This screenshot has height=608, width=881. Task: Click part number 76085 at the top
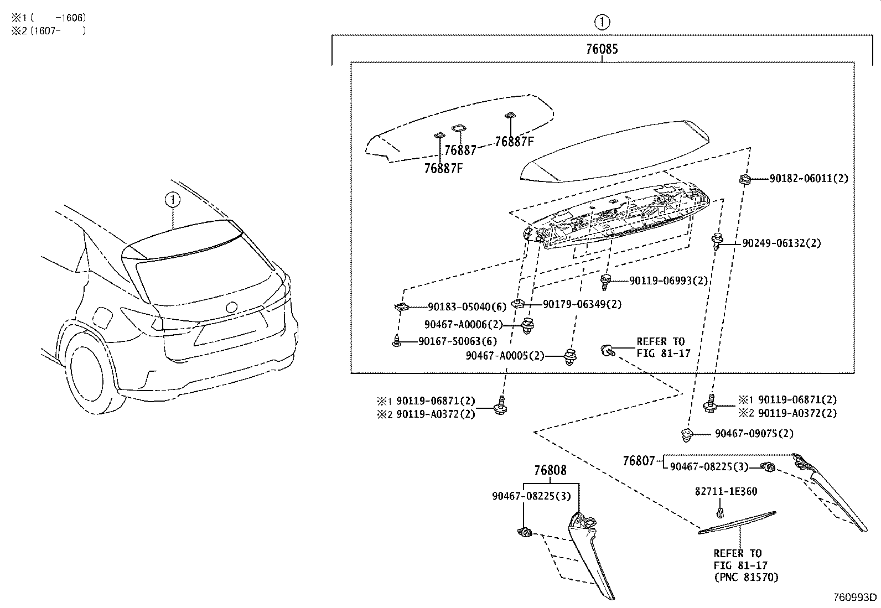coord(602,49)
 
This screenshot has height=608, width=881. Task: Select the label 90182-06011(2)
coord(809,179)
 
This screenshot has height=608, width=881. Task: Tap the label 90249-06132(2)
coord(781,243)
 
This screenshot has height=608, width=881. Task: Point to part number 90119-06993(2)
coord(668,280)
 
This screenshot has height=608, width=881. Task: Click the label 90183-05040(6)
coord(467,306)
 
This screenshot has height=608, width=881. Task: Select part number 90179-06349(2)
coord(582,304)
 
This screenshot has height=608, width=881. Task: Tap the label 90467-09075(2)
coord(754,434)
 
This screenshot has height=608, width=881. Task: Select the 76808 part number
coord(550,470)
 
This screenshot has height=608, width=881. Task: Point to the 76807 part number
coord(639,460)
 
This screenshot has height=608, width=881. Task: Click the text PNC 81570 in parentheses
coord(745,577)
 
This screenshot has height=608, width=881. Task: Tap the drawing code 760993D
coord(856,597)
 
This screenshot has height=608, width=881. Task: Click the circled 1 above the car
coord(173,199)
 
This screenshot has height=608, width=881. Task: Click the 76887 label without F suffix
coord(460,150)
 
